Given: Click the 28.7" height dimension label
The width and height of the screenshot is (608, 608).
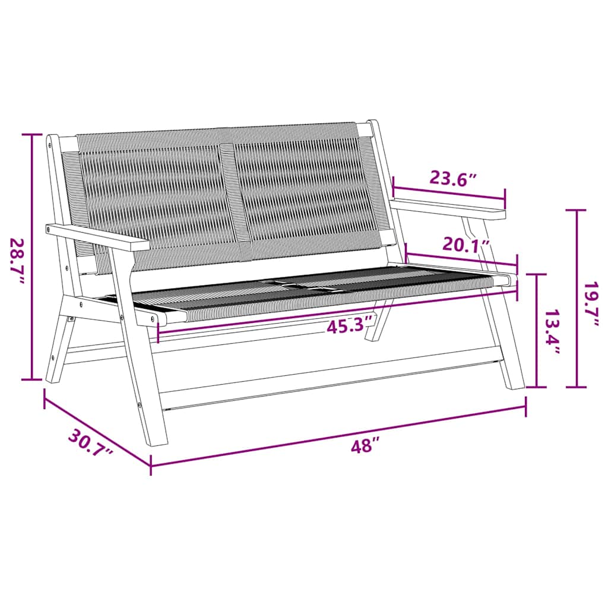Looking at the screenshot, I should [17, 261].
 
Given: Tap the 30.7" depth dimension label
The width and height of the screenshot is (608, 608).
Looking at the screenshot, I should [90, 444].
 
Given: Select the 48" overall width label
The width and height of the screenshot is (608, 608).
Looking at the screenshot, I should [364, 445].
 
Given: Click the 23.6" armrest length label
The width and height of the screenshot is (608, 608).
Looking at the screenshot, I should [454, 179].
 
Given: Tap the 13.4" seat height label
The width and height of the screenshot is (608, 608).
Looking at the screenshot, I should [553, 332].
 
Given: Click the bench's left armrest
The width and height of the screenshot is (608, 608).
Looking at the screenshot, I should [98, 236].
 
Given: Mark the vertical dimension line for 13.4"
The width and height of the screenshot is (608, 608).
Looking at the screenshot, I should [537, 330].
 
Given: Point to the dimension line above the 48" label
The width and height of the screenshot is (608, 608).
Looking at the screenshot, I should [338, 435].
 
